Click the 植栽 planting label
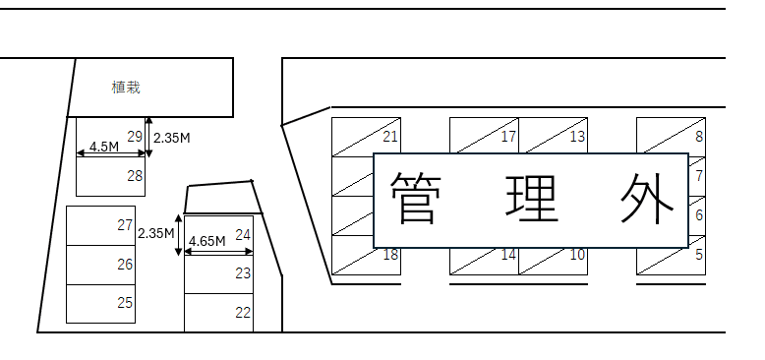tap(126, 88)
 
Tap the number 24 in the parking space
tap(243, 235)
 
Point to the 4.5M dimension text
tap(103, 147)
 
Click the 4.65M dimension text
tap(206, 241)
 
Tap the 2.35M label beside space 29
tap(172, 138)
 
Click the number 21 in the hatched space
tap(390, 137)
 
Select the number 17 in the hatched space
tap(508, 137)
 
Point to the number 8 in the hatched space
tap(699, 137)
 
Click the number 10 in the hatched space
tap(577, 255)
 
